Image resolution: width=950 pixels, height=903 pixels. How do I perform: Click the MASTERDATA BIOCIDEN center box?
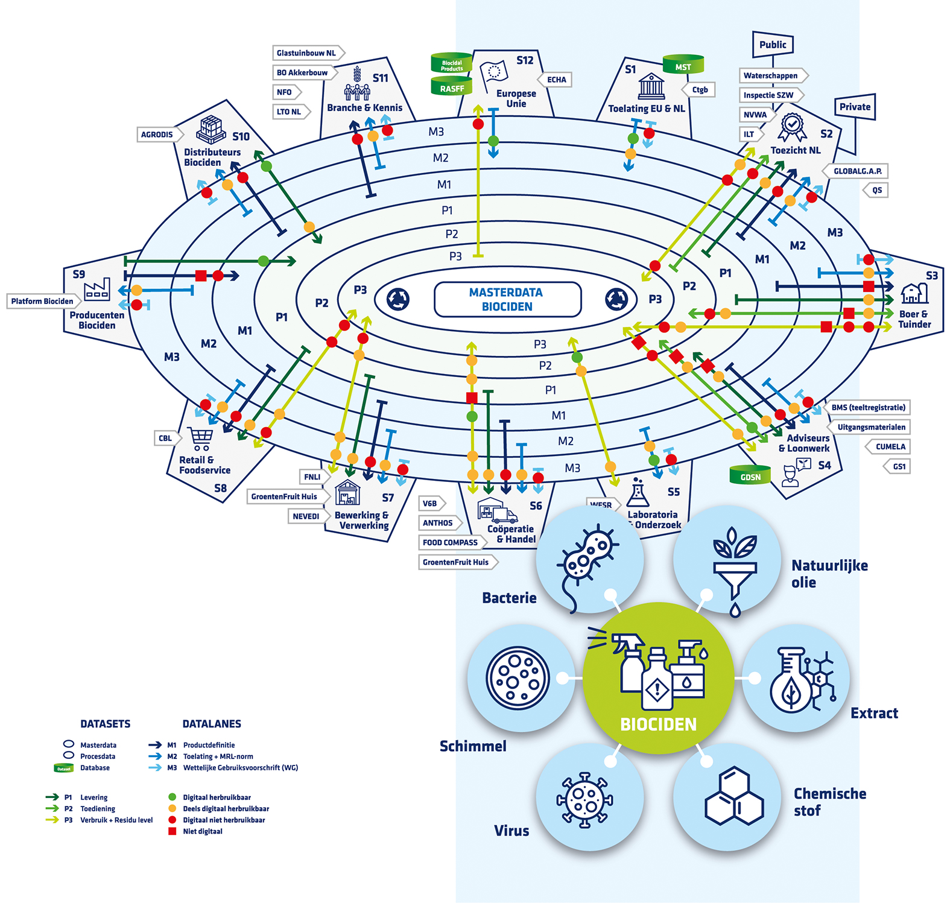click(x=507, y=299)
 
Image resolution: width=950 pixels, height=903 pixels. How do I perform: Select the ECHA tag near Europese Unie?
click(x=556, y=80)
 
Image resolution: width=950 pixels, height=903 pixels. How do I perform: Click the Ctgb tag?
click(x=700, y=90)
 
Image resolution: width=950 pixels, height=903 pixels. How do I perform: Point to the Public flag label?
click(x=773, y=45)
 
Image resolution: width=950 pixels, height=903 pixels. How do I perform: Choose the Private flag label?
click(x=855, y=107)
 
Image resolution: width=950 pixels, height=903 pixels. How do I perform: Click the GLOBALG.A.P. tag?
click(x=857, y=171)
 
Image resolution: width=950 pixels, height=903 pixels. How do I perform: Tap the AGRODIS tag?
click(x=157, y=135)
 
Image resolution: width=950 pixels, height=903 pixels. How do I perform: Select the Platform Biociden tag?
click(x=42, y=301)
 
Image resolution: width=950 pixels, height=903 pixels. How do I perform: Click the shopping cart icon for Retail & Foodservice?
click(x=201, y=439)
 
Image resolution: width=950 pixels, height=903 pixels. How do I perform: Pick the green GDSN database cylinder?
click(x=750, y=477)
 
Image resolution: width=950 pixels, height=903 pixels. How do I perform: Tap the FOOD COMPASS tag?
click(x=451, y=542)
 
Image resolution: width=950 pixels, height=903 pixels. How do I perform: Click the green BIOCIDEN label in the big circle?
click(x=658, y=724)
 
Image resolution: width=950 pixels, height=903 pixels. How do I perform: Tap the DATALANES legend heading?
click(x=212, y=724)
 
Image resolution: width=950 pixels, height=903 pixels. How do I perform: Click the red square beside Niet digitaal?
click(x=173, y=831)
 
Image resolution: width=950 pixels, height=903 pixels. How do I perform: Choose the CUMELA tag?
click(x=890, y=447)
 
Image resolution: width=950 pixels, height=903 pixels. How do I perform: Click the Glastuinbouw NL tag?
click(x=306, y=53)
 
